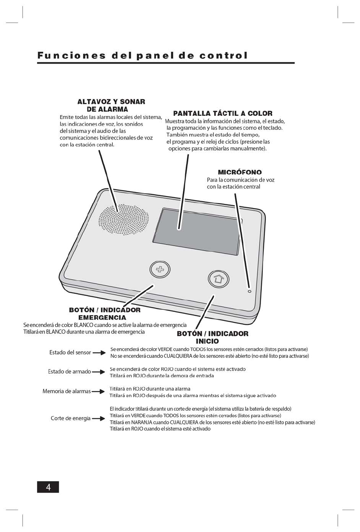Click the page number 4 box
coord(48,487)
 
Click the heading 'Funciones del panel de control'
coord(143,56)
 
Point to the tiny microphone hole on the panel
coord(249,291)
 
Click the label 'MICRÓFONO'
coord(240,172)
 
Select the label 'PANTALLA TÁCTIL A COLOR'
coord(223,113)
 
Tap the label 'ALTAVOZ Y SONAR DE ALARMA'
coord(111,105)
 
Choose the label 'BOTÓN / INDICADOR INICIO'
coord(212,337)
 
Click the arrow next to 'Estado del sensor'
coord(99,353)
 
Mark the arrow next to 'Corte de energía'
coord(99,419)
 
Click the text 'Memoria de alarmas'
coord(66,392)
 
